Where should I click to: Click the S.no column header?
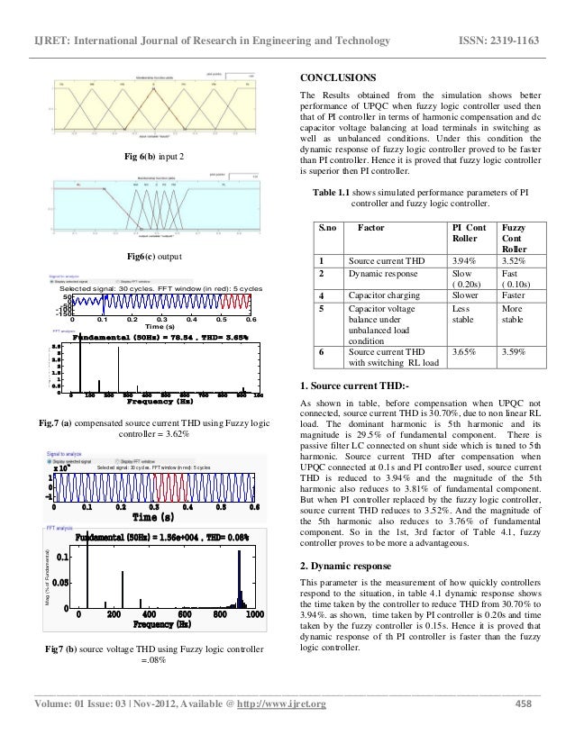point(326,231)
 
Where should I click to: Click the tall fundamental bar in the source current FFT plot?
point(79,368)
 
